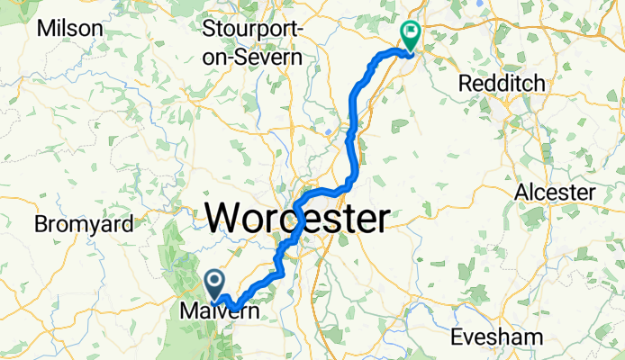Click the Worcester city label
(298, 218)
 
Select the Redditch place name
(502, 84)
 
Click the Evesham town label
(498, 337)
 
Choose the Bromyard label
(84, 224)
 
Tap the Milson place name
(69, 28)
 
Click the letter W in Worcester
(223, 218)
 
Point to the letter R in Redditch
(465, 84)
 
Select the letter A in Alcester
(521, 193)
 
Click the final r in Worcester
(384, 218)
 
